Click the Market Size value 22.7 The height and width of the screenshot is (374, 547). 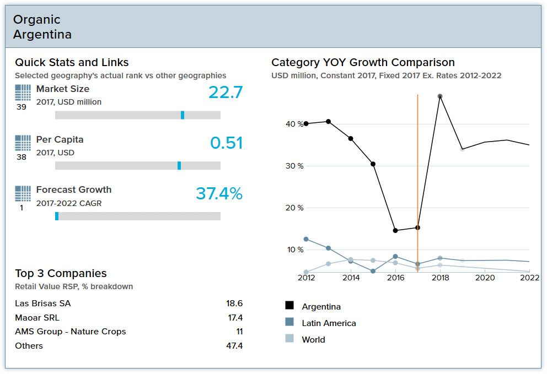coord(226,92)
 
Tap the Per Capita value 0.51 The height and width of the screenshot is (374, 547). coord(226,143)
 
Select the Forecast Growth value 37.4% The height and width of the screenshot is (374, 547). coord(219,193)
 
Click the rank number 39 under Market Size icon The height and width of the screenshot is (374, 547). coord(22,107)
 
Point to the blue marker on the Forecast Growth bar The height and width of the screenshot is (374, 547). coord(57,216)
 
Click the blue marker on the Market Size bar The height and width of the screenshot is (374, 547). coord(183,115)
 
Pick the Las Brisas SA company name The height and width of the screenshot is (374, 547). coord(43,303)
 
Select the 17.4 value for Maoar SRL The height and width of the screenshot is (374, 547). coord(235,318)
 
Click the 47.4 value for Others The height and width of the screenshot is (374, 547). coord(235,346)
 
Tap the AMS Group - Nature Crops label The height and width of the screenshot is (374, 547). coord(71,332)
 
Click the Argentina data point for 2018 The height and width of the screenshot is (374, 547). coord(440,96)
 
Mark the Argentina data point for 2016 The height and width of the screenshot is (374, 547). coord(395,230)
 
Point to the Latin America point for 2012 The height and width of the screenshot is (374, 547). coord(306,239)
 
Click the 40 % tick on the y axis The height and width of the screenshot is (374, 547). coord(294,124)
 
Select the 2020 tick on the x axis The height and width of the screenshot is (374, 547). coord(485,278)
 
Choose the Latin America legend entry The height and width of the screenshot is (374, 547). coord(329,323)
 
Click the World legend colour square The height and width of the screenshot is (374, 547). coord(289,339)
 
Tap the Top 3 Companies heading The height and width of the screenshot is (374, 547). coord(61,273)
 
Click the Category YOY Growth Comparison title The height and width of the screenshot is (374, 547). coord(363,63)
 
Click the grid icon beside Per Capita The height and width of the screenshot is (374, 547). coord(23,143)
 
